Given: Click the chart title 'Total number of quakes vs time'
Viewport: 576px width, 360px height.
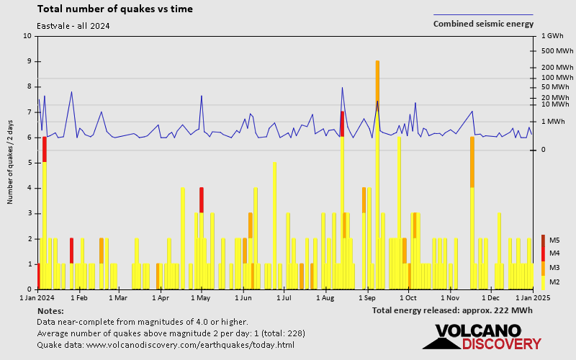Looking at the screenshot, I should pos(114,9).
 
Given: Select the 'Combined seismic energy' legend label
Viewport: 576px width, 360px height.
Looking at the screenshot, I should pos(483,24).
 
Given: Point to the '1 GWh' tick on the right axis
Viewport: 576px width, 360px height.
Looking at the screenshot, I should pos(551,35).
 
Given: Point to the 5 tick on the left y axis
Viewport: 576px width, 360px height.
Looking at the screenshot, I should pos(29,163).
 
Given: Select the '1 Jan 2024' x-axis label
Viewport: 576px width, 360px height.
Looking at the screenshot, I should pos(37,297).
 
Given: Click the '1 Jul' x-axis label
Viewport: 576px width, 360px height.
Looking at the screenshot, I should pos(285,297).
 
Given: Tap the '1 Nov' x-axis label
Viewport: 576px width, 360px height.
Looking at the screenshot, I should pos(450,297).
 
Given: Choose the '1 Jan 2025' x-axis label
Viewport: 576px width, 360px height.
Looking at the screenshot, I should pos(533,297).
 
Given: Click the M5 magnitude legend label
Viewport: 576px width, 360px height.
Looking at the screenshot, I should pos(554,240).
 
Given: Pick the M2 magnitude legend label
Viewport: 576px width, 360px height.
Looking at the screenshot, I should pos(554,282).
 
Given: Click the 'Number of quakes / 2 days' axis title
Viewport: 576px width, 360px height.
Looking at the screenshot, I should pos(11,163).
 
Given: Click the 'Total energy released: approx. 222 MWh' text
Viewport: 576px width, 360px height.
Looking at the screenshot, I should pos(452,310).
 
